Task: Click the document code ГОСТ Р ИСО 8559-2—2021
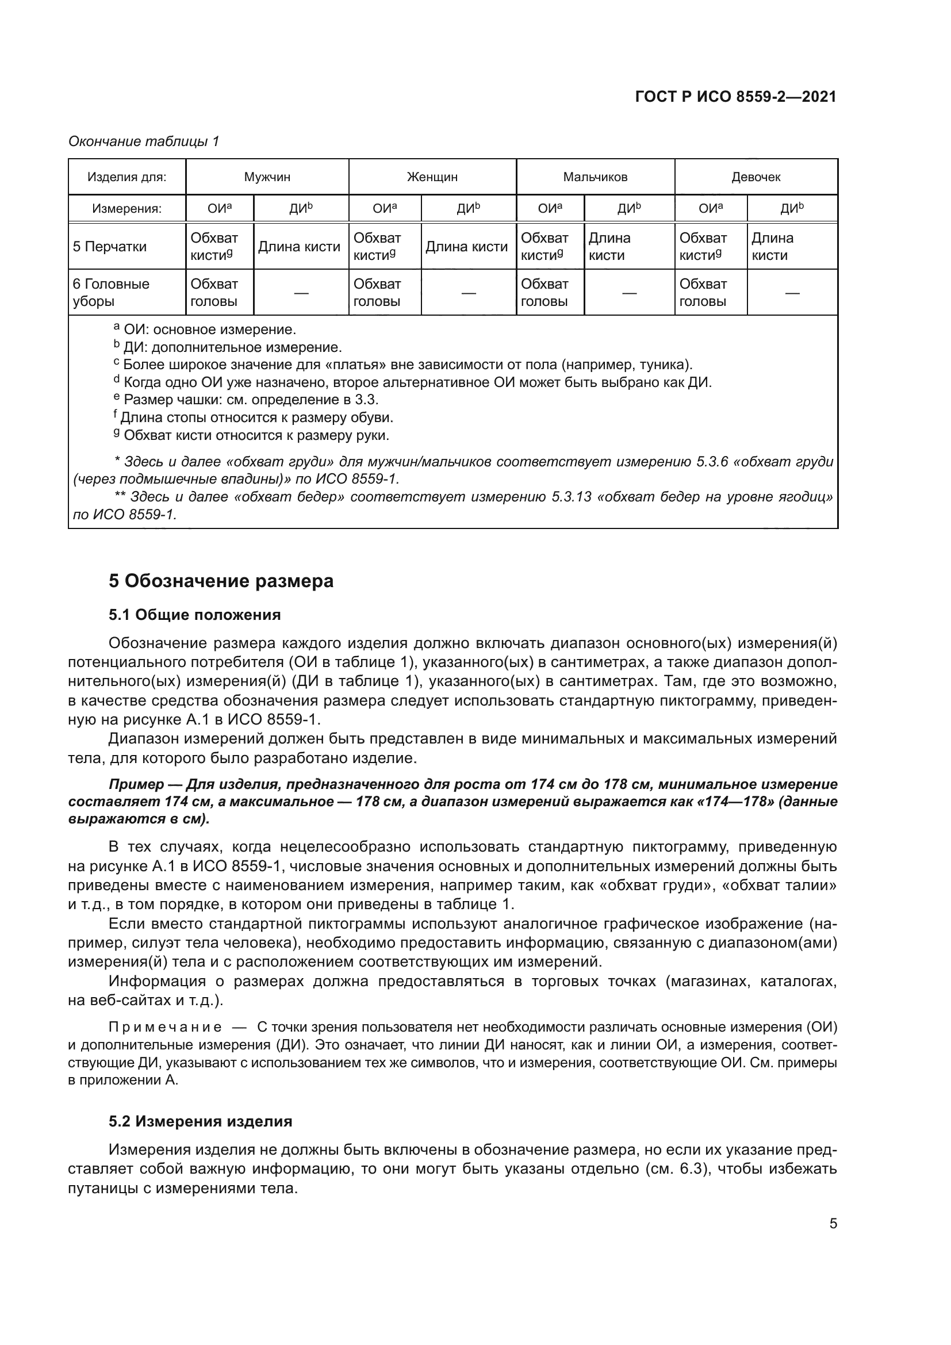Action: (x=735, y=97)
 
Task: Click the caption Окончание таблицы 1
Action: (x=144, y=141)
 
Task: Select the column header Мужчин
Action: (x=267, y=177)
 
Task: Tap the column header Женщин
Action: (x=432, y=177)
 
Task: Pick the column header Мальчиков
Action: (x=595, y=177)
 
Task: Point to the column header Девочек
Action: (x=756, y=177)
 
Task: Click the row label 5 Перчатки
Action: (x=109, y=247)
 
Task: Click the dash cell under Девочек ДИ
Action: (x=792, y=292)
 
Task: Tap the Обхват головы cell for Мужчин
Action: (x=214, y=292)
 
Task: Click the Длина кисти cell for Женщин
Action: (x=466, y=247)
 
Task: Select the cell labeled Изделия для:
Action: (x=126, y=177)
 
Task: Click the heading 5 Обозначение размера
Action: (x=221, y=581)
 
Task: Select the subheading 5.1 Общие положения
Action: (x=194, y=615)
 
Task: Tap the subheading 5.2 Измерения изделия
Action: (x=200, y=1121)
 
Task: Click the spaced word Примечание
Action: (x=165, y=1026)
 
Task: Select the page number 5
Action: (x=833, y=1224)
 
